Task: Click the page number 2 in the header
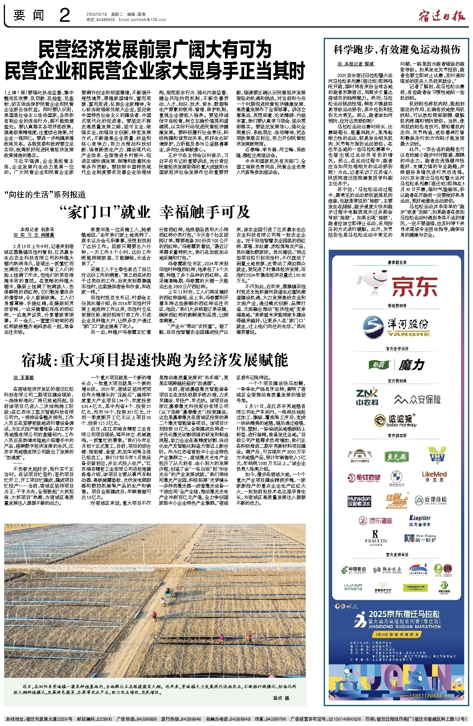(65, 16)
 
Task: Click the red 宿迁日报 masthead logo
(442, 16)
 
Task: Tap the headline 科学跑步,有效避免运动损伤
(396, 49)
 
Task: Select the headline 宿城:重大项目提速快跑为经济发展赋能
(155, 360)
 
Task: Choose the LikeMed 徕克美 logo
(434, 476)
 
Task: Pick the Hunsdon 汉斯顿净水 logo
(359, 501)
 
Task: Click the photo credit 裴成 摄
(281, 698)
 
